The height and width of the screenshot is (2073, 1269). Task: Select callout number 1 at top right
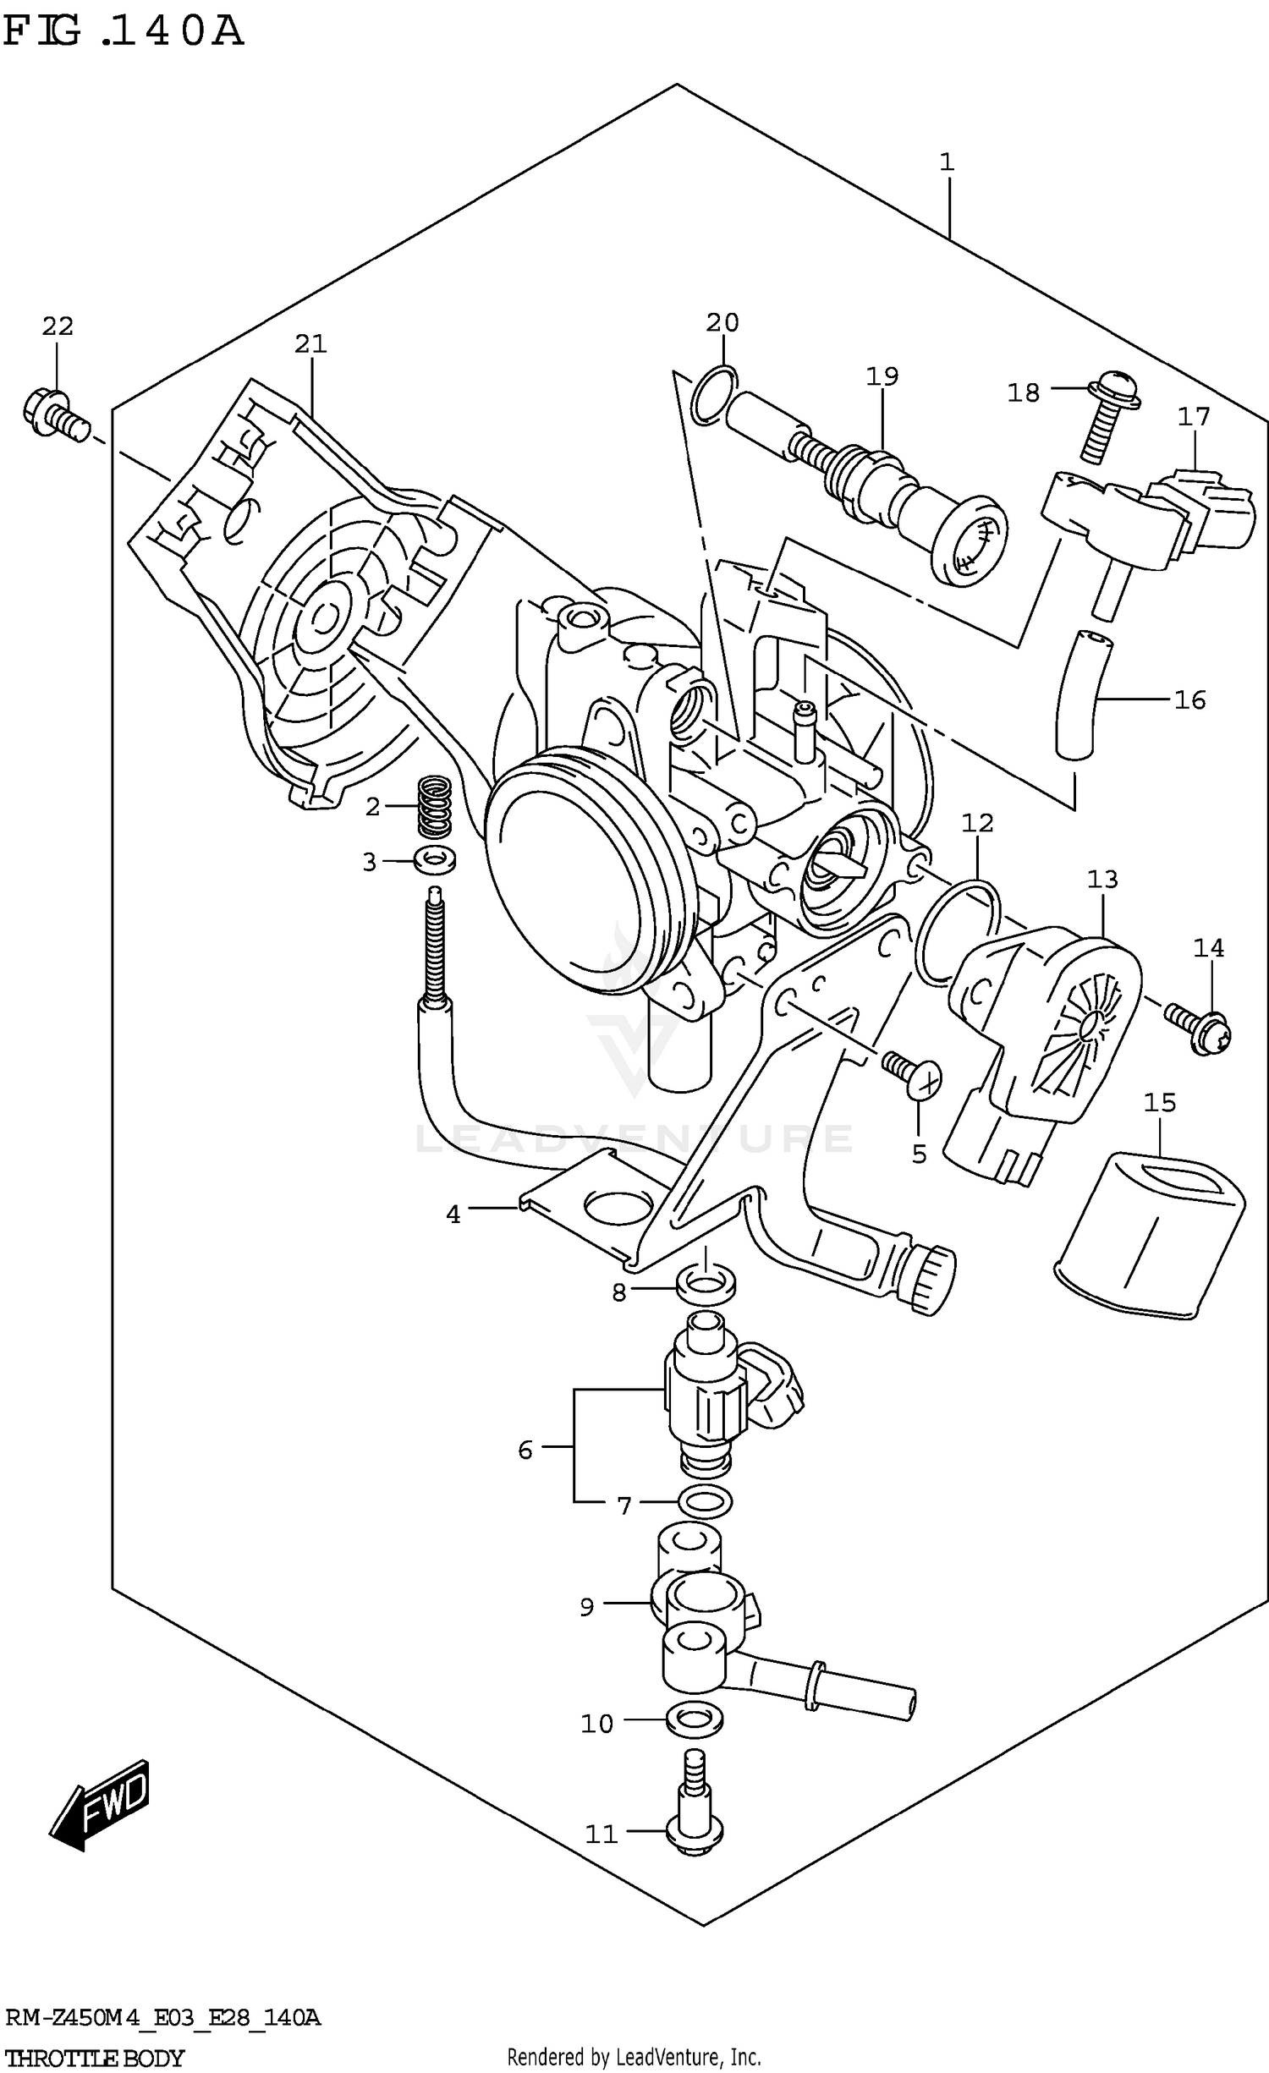[946, 162]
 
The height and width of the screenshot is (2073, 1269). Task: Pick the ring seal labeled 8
[705, 1285]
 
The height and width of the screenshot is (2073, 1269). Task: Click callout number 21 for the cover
[310, 344]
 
